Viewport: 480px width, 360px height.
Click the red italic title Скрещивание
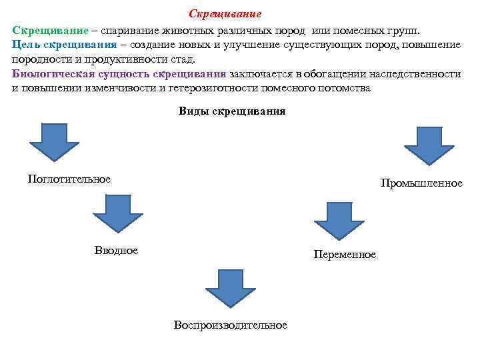[x=225, y=14]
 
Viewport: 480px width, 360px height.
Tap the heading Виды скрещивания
[x=232, y=111]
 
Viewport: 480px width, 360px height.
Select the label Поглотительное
[x=69, y=179]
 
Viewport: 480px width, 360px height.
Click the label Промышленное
[x=421, y=183]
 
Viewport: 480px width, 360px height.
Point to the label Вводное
[x=117, y=250]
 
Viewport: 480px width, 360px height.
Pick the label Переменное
[x=345, y=255]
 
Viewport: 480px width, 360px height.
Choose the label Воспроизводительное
[x=231, y=325]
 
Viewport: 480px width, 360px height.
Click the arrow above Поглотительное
[x=53, y=141]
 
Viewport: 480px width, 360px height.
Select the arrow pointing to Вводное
[x=118, y=213]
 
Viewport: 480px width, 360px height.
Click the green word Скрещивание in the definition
[x=50, y=31]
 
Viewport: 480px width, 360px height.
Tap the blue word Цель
[x=26, y=45]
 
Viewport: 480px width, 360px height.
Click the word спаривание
[x=131, y=31]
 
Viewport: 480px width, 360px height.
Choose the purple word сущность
[x=117, y=74]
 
